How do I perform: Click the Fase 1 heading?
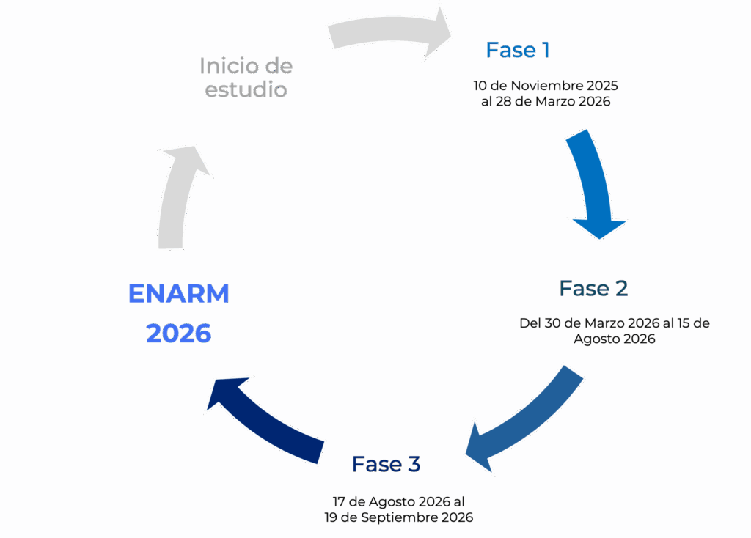(518, 50)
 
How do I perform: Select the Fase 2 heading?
(593, 288)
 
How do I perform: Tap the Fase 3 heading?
(386, 464)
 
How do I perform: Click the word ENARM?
(179, 294)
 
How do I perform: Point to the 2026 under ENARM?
(179, 334)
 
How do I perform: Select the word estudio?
(246, 90)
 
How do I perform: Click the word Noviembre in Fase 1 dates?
(546, 86)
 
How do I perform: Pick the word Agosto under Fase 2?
(599, 339)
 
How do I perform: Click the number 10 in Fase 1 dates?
(480, 86)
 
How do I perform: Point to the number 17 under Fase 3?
(339, 502)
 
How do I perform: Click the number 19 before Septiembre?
(332, 517)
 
